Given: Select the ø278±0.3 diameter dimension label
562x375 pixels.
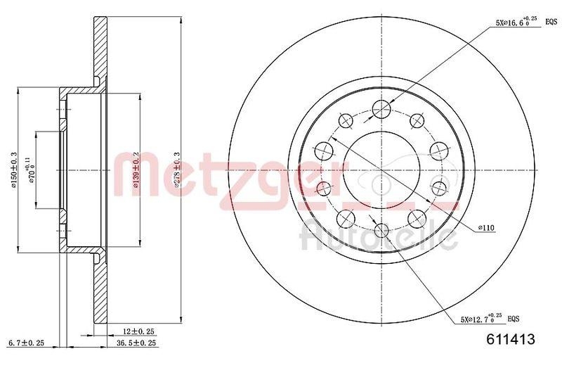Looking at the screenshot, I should click(x=176, y=170).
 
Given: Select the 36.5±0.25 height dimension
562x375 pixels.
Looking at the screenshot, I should click(x=137, y=343).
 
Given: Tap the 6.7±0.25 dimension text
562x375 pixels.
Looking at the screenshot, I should click(x=26, y=343).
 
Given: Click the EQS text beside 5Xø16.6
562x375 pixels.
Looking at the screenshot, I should click(x=551, y=23).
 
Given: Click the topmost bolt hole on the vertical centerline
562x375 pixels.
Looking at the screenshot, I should click(x=381, y=108).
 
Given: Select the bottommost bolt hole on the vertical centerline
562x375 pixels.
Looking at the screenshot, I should click(x=381, y=231).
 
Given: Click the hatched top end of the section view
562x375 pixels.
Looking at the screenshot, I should click(x=99, y=42).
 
